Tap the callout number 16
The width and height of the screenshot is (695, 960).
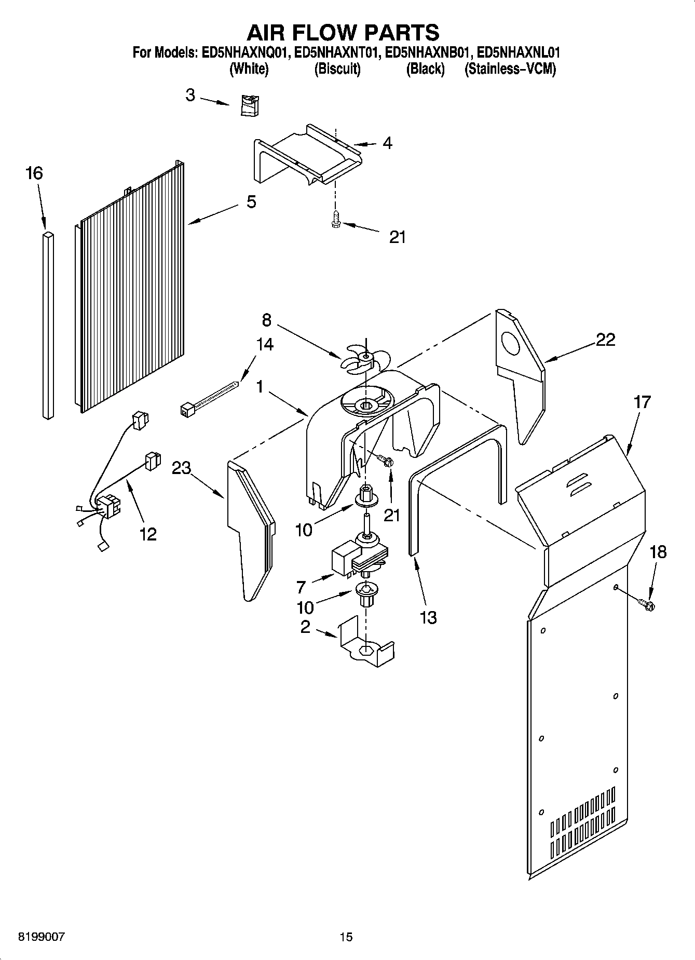[x=34, y=173]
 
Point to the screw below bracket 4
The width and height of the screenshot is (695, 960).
[x=335, y=220]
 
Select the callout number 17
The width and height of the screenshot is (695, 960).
[x=642, y=402]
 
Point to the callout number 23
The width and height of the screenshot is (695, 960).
[x=182, y=468]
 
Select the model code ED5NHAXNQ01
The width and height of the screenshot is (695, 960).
[x=247, y=52]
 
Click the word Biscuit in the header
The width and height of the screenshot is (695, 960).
[x=337, y=69]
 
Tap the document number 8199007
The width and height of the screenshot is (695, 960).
[x=42, y=937]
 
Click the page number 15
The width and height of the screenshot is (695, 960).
[x=346, y=937]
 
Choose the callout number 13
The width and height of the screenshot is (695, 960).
[x=428, y=617]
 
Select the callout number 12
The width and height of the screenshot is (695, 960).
[x=148, y=534]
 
